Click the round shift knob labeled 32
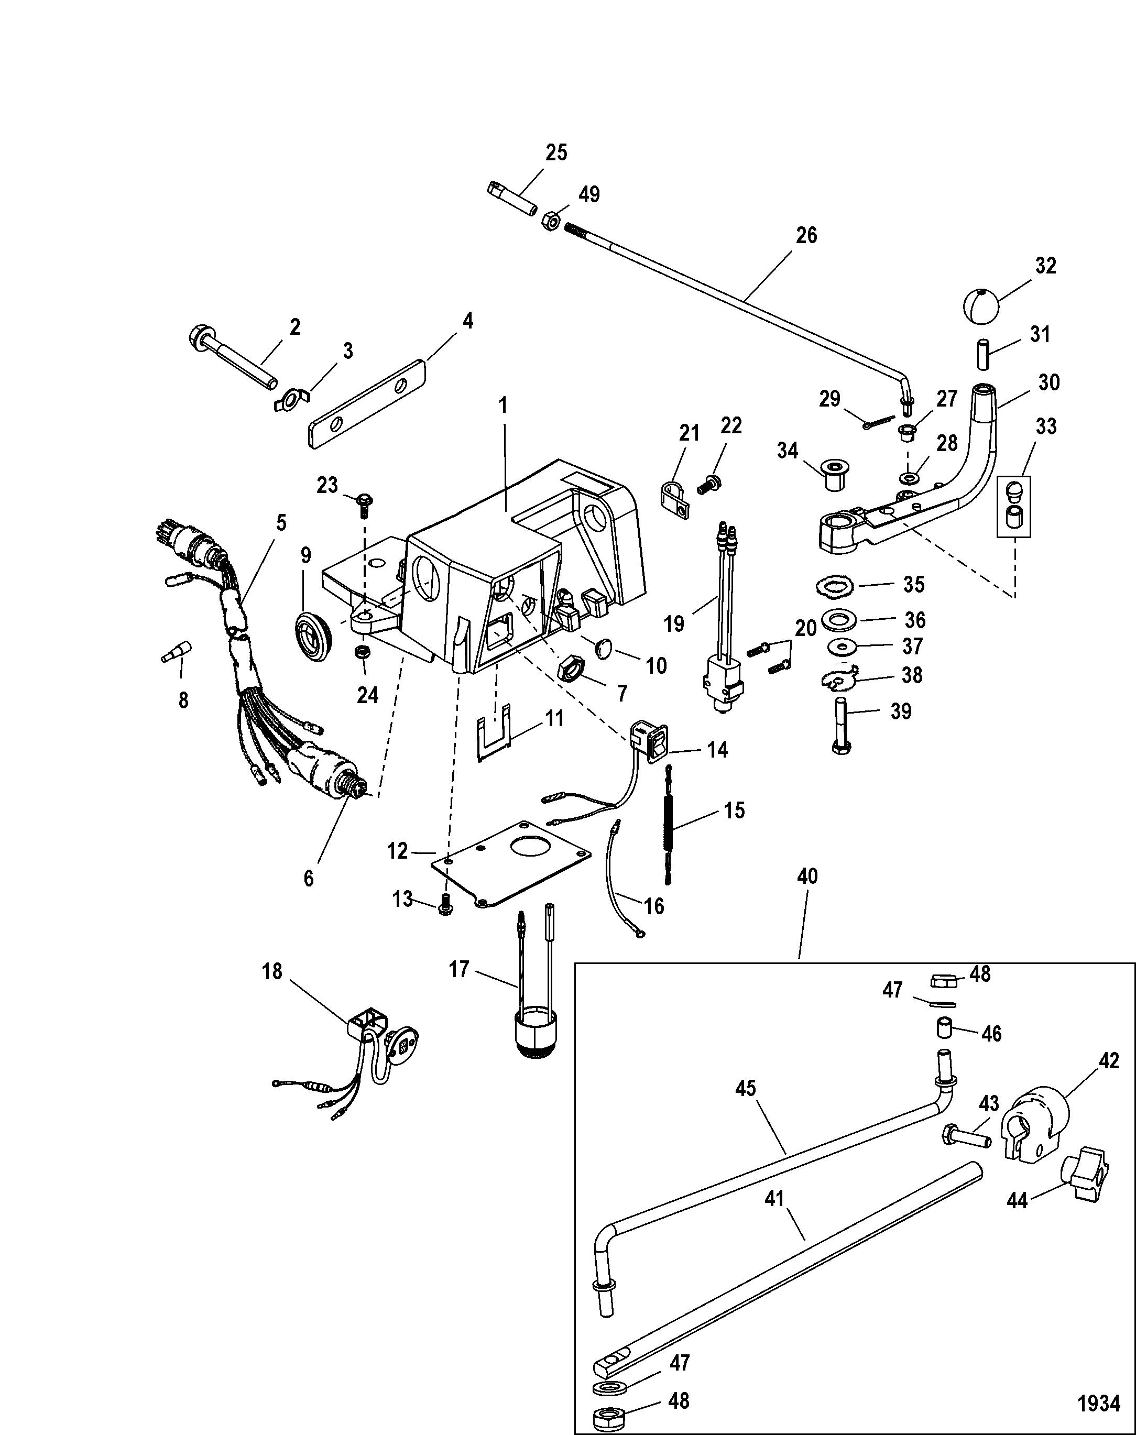982,305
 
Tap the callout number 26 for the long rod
806,236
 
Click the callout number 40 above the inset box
807,876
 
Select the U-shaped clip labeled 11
495,730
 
